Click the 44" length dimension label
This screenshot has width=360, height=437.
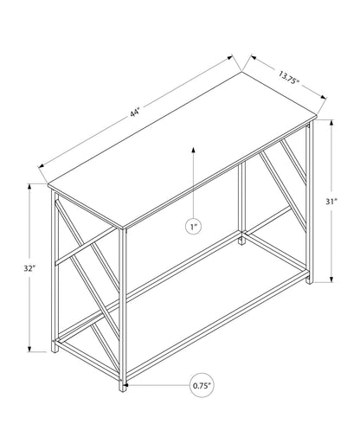click(135, 112)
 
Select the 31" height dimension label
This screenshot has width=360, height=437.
click(331, 202)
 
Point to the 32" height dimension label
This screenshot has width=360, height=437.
click(29, 268)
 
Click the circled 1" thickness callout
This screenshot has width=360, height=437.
click(193, 227)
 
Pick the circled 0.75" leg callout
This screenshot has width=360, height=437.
click(202, 385)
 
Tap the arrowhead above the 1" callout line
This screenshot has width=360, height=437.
click(193, 150)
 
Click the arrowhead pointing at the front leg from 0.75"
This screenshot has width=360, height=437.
click(125, 385)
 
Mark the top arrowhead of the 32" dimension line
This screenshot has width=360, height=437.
click(29, 187)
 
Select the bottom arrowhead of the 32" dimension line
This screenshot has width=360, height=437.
click(29, 349)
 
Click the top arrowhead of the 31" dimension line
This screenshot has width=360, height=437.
click(331, 123)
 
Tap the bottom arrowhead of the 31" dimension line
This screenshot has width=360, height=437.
click(331, 279)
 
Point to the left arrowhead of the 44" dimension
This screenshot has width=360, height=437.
click(41, 166)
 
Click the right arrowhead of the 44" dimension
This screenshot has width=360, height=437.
click(230, 57)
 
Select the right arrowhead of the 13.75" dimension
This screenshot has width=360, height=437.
click(323, 97)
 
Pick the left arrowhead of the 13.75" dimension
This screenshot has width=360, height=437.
click(254, 57)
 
